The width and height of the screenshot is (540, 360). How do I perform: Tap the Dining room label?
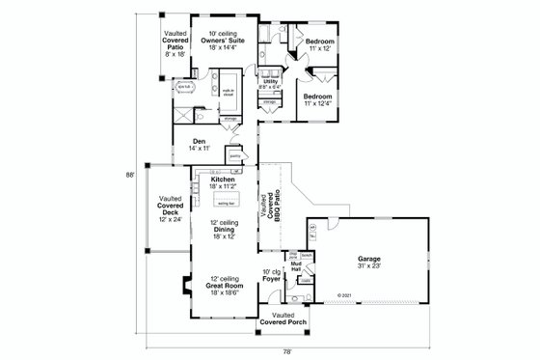tap(224, 231)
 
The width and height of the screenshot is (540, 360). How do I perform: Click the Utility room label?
tap(271, 84)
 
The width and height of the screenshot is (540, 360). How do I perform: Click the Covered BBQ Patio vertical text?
tap(269, 208)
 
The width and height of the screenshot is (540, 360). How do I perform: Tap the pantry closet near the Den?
tap(234, 152)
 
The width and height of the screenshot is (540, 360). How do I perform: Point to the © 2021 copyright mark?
tap(344, 296)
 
